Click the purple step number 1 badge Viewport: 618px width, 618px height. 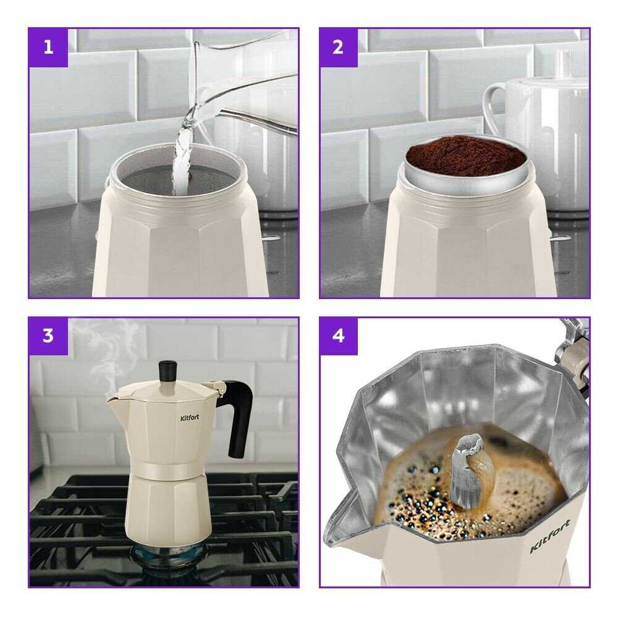(x=48, y=48)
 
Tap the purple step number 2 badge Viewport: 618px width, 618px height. (x=339, y=48)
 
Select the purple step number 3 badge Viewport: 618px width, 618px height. (x=48, y=336)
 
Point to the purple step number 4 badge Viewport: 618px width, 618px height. (x=339, y=336)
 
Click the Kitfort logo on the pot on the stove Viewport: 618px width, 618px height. (x=190, y=418)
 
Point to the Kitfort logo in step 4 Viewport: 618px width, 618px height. (x=550, y=536)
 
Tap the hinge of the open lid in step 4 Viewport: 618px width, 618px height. (x=572, y=351)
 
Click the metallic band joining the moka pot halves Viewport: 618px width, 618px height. (x=169, y=469)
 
